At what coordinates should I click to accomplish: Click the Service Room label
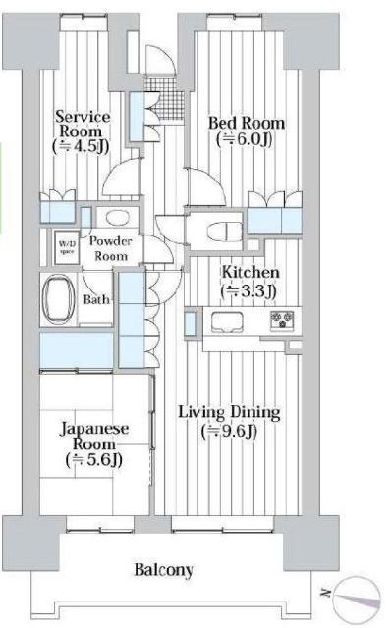point(82,124)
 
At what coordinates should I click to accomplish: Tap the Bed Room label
point(247,124)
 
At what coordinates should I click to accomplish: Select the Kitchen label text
point(249,272)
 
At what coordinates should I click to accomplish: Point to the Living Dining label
point(230,411)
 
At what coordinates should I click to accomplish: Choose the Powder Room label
point(112,248)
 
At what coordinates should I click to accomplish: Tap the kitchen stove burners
point(284,321)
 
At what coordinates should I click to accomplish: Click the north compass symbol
point(356,595)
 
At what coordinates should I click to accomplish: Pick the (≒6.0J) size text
point(247,140)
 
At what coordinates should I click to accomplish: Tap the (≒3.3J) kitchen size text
point(249,290)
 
